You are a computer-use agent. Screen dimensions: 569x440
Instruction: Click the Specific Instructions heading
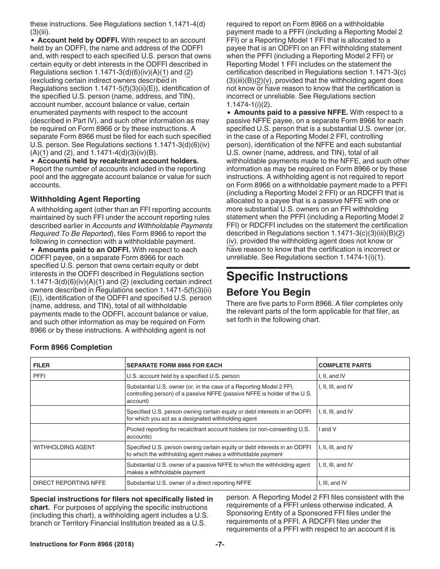[287, 276]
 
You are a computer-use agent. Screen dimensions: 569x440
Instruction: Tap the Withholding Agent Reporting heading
[85, 199]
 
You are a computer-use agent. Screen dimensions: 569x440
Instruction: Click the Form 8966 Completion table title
[71, 347]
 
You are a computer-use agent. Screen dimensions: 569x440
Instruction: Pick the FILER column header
[42, 365]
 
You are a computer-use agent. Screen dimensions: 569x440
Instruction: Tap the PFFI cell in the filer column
[39, 376]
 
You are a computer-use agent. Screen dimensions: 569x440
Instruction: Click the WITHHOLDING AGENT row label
[64, 447]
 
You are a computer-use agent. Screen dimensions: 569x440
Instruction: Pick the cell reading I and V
[327, 429]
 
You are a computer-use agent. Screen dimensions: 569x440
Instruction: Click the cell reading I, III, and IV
[333, 483]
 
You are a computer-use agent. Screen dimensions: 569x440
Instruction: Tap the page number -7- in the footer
[220, 544]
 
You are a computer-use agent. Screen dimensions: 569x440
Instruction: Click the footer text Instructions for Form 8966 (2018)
[82, 544]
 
